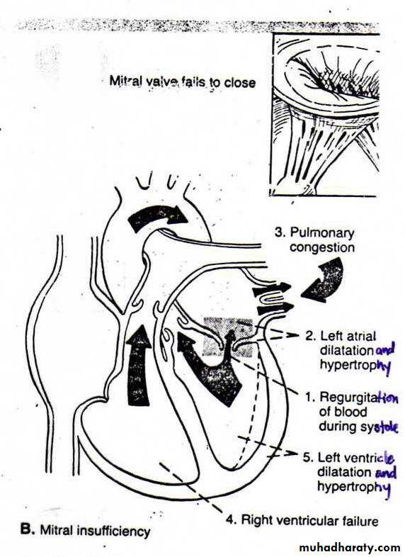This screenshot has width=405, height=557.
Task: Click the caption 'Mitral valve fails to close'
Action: [x=182, y=82]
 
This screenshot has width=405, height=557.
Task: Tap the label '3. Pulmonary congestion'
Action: [x=315, y=240]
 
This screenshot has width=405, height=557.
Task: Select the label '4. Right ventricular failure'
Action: [x=302, y=520]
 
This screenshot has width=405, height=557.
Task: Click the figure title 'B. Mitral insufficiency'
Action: [x=85, y=531]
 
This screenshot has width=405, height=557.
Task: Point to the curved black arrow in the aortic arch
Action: [x=156, y=215]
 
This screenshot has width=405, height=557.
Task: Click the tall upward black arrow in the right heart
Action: [x=139, y=365]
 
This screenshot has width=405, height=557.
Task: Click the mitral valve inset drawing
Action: [x=324, y=114]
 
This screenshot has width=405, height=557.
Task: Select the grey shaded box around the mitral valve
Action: [x=227, y=337]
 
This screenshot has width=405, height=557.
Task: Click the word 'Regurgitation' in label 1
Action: [x=358, y=398]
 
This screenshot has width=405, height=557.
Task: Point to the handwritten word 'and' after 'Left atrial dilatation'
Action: [x=384, y=351]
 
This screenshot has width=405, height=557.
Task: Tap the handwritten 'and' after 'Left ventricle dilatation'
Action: [x=385, y=473]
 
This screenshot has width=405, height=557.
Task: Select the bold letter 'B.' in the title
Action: [x=27, y=529]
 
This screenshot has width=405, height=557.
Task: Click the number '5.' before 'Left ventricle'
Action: [x=308, y=458]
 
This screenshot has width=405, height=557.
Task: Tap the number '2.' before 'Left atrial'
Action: [x=311, y=336]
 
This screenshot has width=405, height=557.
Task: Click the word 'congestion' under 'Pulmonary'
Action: [x=322, y=247]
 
